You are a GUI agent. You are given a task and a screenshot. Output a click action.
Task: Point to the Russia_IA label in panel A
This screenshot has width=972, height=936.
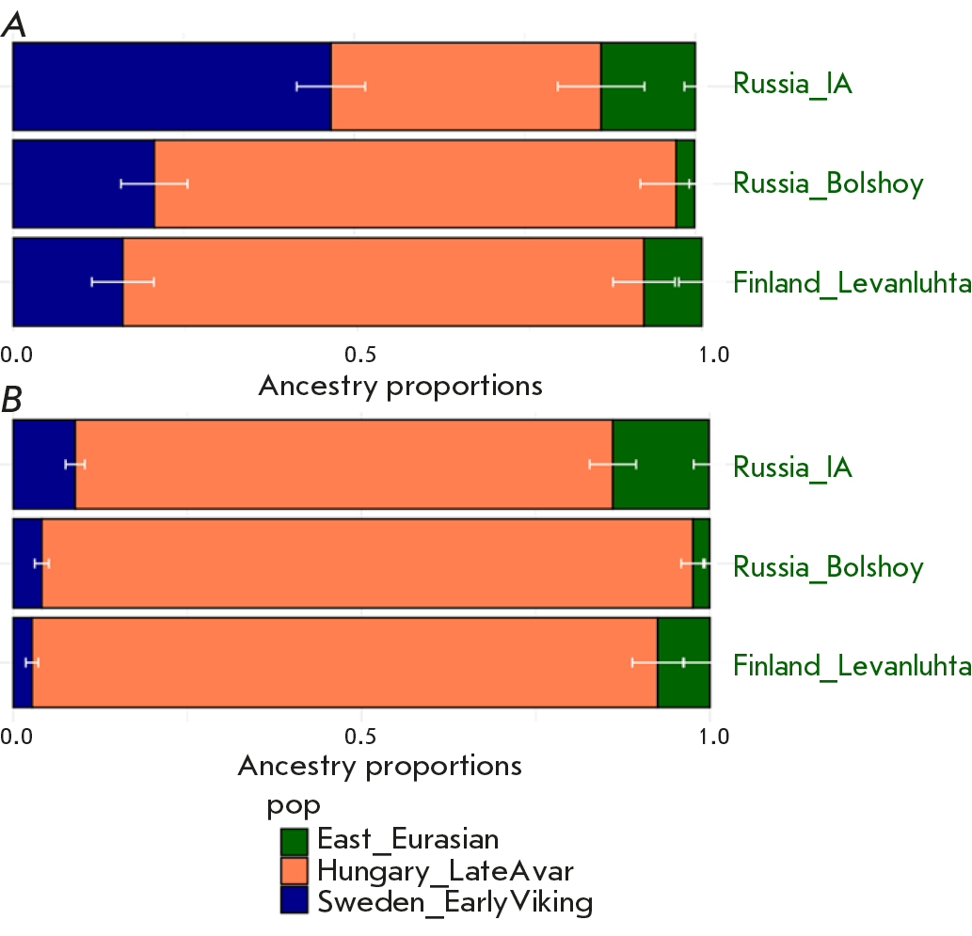pos(792,84)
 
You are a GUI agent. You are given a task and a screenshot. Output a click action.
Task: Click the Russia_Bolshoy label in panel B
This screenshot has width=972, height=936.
pos(828,567)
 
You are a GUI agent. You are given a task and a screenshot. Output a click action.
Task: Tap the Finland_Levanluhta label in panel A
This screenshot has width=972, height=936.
pos(851,282)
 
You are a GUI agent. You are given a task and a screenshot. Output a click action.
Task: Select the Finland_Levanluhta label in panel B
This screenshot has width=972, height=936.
pos(851,666)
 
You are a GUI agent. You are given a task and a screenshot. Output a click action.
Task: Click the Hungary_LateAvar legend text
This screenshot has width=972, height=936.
pos(445,869)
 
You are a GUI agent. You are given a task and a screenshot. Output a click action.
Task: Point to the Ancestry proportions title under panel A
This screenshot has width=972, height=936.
pos(400,386)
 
